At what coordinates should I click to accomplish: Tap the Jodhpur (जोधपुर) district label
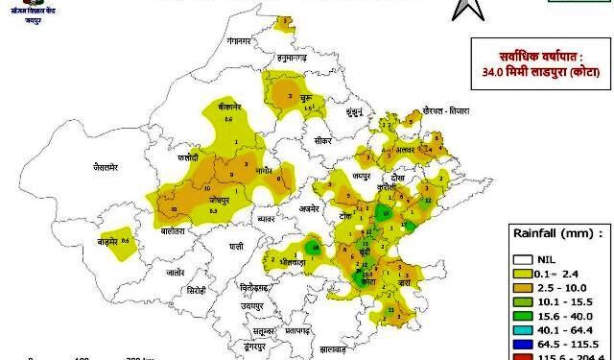(x=221, y=202)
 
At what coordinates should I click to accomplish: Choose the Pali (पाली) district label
(x=224, y=246)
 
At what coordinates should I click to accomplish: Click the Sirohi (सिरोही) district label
(x=197, y=288)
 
